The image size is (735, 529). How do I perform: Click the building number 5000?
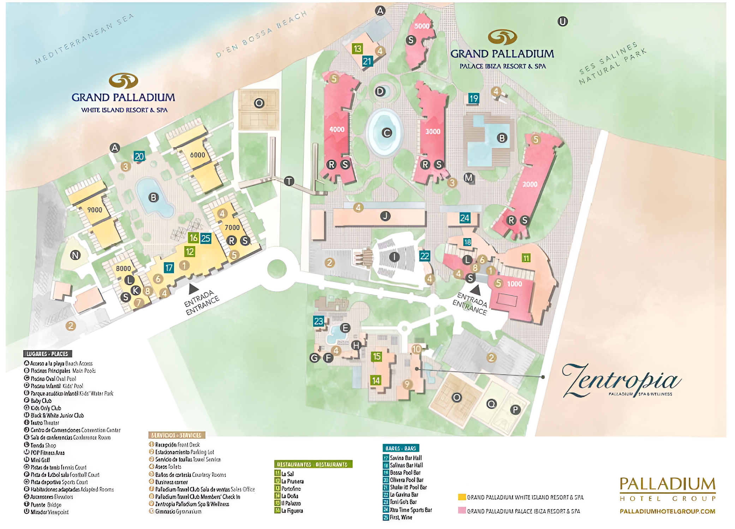422,26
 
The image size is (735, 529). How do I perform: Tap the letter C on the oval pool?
387,133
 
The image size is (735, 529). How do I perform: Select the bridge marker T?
289,181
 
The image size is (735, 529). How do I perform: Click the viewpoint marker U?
562,22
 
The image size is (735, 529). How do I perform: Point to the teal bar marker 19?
473,98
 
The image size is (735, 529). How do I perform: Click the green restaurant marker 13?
357,48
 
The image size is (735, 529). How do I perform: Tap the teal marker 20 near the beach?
139,156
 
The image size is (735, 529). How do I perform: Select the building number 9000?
95,210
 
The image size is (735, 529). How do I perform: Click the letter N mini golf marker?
75,255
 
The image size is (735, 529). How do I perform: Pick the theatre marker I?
394,257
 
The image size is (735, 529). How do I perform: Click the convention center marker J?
385,216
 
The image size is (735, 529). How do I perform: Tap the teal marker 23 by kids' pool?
318,321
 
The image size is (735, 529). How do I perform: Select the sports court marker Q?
491,404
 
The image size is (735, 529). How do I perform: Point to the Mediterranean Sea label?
85,39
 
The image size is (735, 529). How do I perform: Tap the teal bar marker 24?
465,218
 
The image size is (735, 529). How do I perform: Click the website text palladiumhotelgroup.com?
667,511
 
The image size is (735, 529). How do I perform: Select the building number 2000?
530,184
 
